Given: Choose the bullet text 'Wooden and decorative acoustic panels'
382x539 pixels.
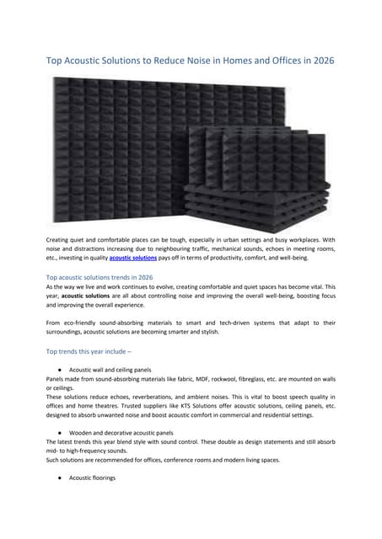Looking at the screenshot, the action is [121, 433].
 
